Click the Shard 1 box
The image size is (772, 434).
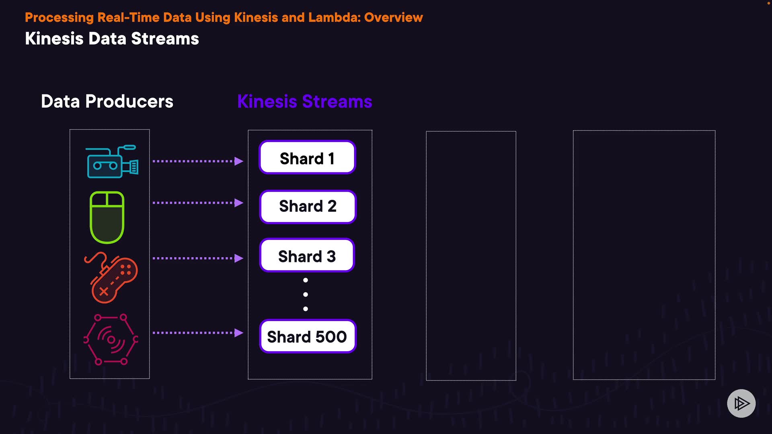(307, 158)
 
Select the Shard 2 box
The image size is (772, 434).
(308, 207)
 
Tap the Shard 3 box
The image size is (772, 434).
(307, 256)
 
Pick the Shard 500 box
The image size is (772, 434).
(308, 337)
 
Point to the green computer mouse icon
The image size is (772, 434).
(107, 217)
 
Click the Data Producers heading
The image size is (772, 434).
(107, 101)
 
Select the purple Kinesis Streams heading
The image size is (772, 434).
(304, 101)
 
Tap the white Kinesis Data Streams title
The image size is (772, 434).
(112, 39)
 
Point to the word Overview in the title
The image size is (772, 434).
(393, 17)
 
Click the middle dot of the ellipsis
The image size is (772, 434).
(306, 295)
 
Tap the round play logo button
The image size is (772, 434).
(741, 403)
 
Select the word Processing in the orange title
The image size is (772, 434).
(59, 17)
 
